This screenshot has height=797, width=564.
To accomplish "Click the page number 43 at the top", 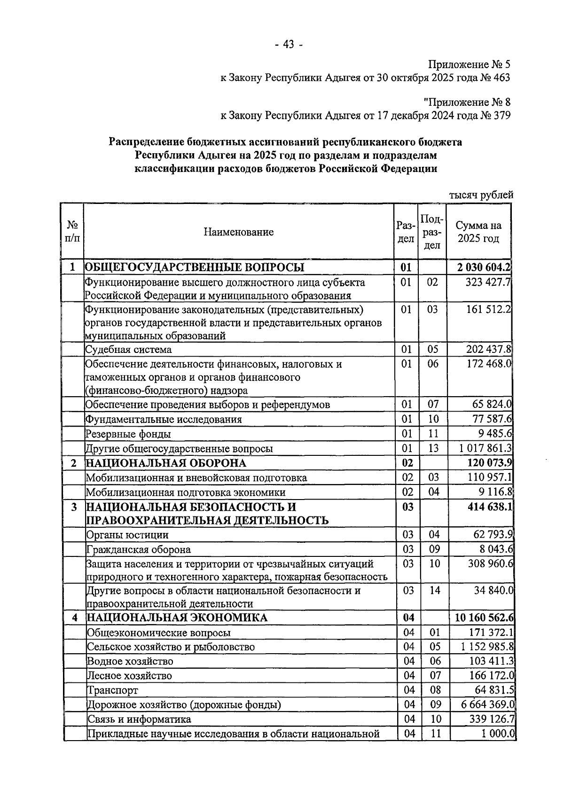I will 288,45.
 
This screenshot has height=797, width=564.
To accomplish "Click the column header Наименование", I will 238,232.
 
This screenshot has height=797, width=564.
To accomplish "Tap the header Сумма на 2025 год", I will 478,232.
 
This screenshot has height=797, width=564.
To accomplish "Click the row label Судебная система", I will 128,350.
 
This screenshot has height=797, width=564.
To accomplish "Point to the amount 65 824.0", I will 492,405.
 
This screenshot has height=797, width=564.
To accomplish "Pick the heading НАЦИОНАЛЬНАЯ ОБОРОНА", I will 165,463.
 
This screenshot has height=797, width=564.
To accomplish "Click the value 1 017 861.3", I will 486,448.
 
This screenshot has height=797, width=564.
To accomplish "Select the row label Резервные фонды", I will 128,434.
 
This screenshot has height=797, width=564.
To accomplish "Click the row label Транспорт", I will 112,690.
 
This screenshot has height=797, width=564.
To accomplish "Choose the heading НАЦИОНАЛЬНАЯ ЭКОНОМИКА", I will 177,617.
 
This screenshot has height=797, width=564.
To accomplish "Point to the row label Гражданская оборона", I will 139,550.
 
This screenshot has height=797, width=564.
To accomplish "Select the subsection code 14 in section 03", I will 435,590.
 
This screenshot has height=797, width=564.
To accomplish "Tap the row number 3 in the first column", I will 74,508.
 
